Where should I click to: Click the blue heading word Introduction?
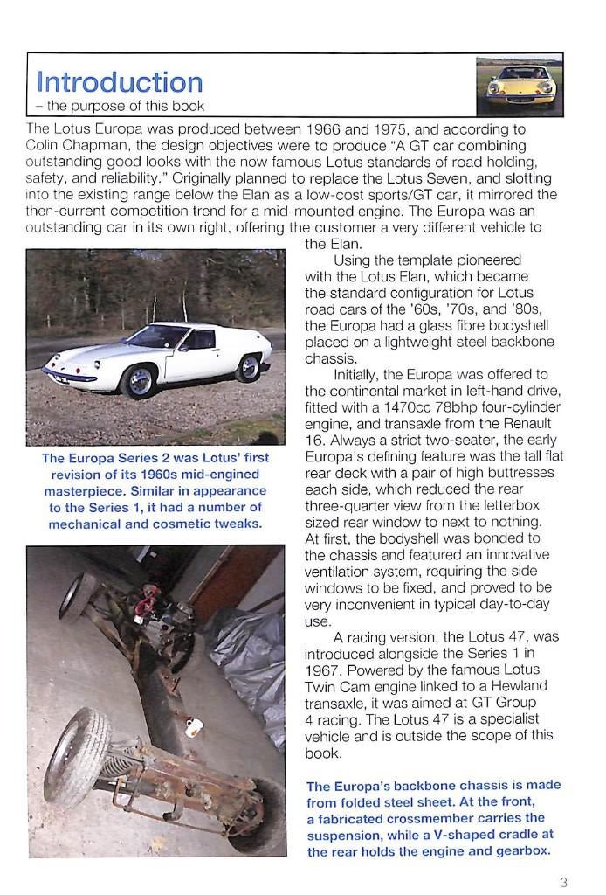tap(120, 82)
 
